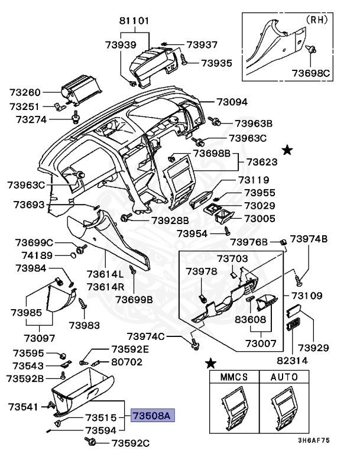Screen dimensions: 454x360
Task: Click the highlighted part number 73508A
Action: click(x=151, y=416)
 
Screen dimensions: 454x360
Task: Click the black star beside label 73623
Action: click(x=287, y=151)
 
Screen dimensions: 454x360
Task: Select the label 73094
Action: click(x=232, y=102)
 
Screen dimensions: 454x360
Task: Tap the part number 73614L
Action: click(x=105, y=274)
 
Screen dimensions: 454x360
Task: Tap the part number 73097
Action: click(x=39, y=338)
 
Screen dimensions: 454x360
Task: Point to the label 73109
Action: click(x=306, y=296)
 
